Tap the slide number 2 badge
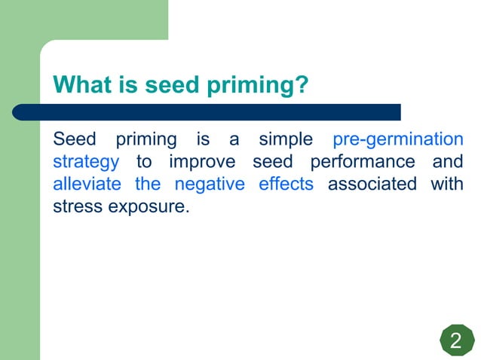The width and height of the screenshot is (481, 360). coord(455,341)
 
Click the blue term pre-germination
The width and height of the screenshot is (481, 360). coord(397,140)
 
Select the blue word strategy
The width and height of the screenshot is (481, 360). coord(86,163)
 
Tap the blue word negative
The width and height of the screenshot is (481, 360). coord(210,185)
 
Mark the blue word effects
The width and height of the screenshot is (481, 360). coord(286,184)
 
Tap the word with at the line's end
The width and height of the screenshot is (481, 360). coord(446,184)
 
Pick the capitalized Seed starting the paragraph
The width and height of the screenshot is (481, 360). coord(75,140)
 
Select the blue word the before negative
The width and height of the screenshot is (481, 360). coord(148,184)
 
